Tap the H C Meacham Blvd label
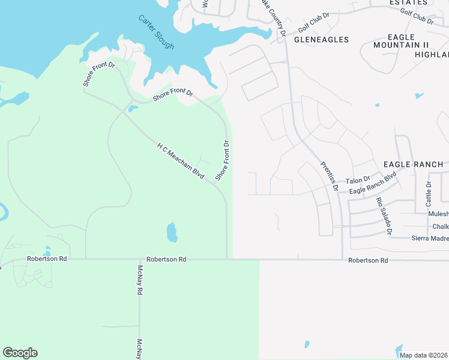(x=181, y=161)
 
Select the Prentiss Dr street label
(x=330, y=176)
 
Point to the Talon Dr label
(x=358, y=180)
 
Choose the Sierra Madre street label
(x=430, y=238)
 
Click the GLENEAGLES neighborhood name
(x=321, y=40)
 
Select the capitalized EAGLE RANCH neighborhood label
(x=413, y=164)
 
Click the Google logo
(x=20, y=353)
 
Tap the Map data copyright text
(x=424, y=355)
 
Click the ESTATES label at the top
(x=408, y=3)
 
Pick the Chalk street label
(x=440, y=227)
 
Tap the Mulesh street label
(x=438, y=214)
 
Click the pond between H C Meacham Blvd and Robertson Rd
(x=172, y=232)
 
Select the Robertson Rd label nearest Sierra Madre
(x=368, y=260)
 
